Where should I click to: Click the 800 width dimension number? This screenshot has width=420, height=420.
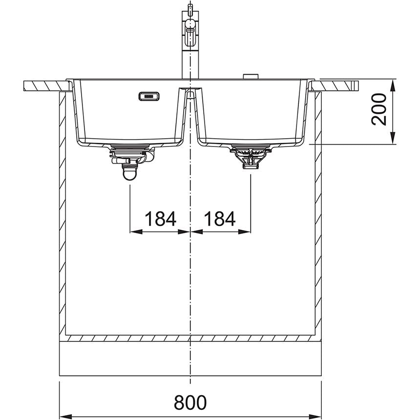click(x=190, y=402)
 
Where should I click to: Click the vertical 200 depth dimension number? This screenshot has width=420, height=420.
click(x=379, y=109)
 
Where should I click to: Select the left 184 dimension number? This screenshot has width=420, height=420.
click(x=161, y=219)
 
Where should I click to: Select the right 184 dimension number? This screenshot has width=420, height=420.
click(x=220, y=219)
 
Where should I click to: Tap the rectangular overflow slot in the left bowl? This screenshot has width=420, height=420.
click(x=149, y=96)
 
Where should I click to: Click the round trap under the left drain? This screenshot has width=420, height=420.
click(x=129, y=173)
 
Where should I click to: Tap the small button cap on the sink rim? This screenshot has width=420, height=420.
click(x=251, y=76)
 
